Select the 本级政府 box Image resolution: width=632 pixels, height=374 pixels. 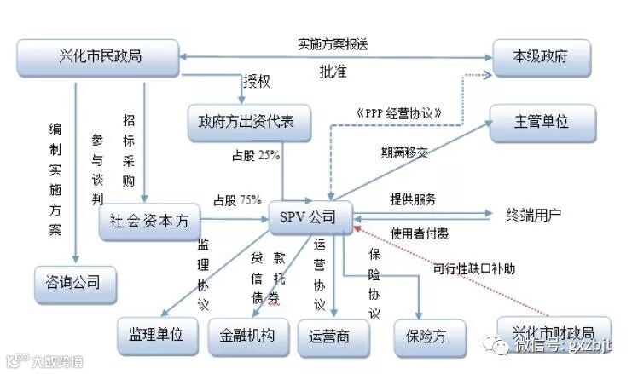tap(540, 57)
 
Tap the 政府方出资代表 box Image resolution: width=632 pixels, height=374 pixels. tap(241, 121)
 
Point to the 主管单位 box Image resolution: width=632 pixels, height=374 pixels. tap(540, 121)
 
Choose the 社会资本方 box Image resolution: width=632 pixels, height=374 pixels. tap(149, 222)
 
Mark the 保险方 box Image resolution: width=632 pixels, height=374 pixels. tap(419, 335)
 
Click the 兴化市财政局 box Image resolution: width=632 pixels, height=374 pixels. tap(546, 333)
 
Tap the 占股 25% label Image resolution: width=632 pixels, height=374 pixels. tap(256, 156)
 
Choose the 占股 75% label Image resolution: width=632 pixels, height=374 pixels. tap(237, 200)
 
